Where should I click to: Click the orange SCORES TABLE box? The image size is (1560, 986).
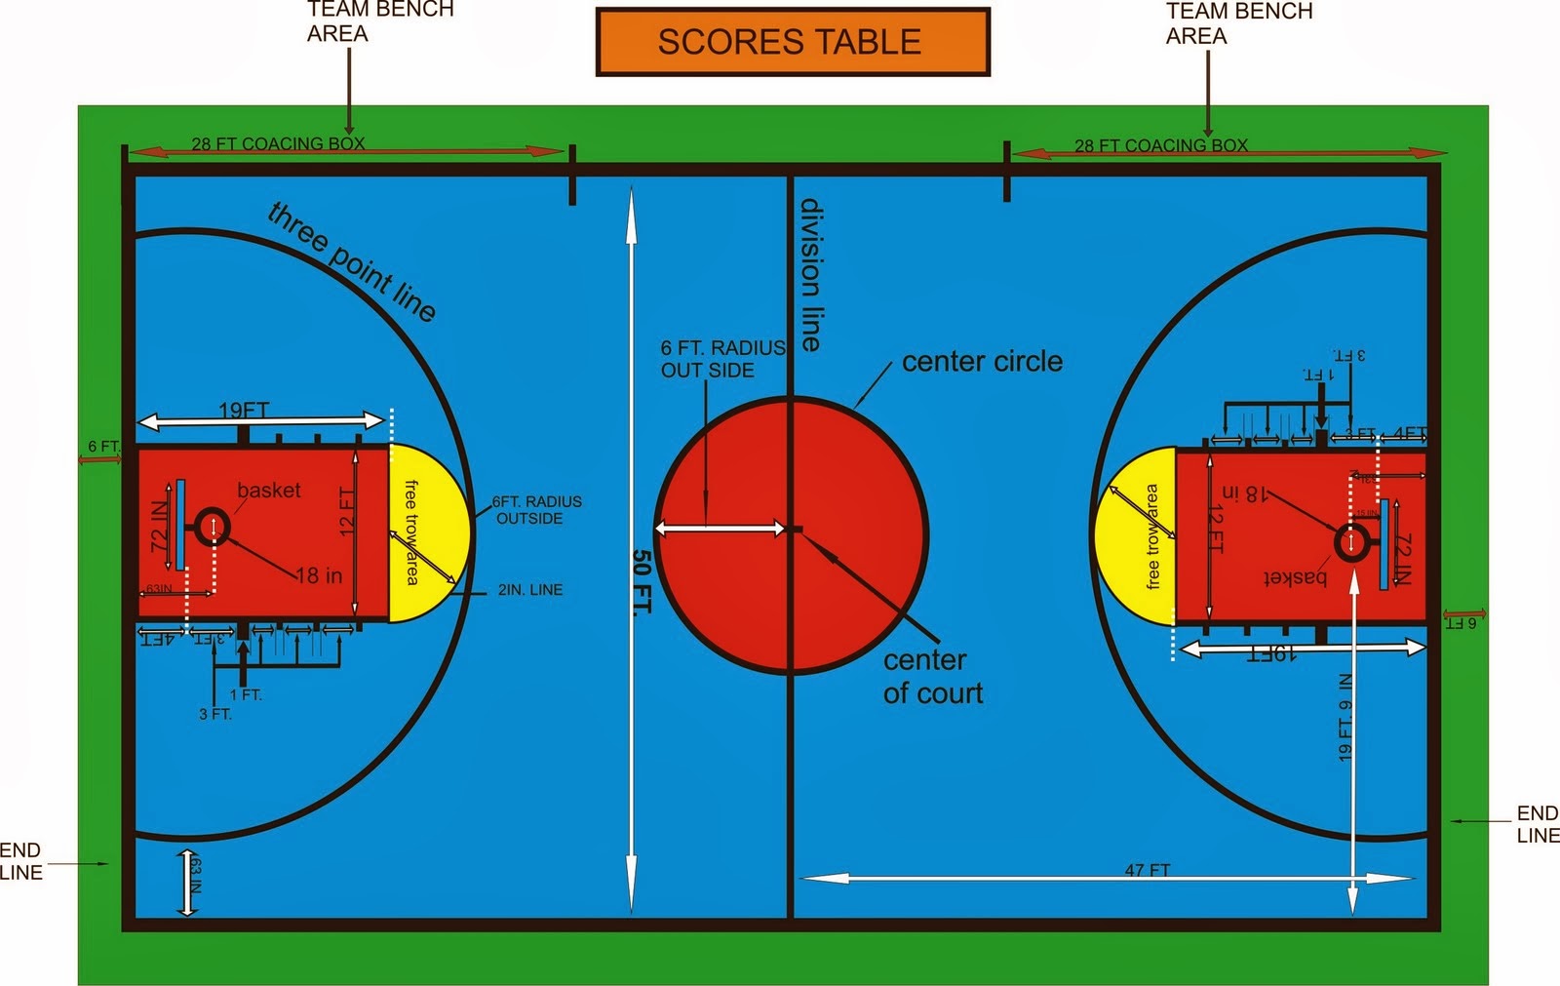click(792, 42)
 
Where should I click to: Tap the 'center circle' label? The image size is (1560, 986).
click(982, 362)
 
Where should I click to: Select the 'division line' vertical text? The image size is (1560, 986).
click(810, 275)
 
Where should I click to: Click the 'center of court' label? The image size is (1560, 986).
click(932, 677)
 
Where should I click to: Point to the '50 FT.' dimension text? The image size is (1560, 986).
click(641, 582)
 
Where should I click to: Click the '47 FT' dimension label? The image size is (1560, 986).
click(1147, 870)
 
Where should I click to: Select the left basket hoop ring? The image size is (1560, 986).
click(213, 527)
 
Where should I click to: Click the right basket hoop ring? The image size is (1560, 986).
click(1351, 542)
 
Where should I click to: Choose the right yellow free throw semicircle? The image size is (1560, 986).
click(1135, 536)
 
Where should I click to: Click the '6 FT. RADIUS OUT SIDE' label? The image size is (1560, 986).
click(721, 359)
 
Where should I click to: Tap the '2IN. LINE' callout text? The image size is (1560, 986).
click(529, 590)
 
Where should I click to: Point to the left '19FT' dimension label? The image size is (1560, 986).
click(244, 411)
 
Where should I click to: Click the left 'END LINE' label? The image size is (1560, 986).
click(21, 861)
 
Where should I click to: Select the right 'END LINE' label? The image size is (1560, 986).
click(1538, 824)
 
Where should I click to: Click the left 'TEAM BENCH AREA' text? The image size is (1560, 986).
click(379, 21)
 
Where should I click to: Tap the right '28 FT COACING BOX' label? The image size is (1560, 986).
click(1160, 145)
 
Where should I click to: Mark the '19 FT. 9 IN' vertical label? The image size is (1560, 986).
click(1345, 717)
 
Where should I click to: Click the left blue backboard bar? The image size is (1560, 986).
click(180, 525)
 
